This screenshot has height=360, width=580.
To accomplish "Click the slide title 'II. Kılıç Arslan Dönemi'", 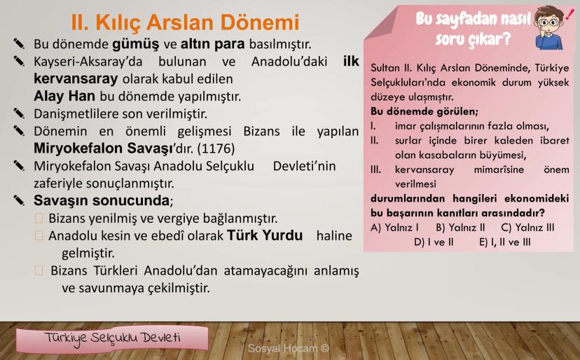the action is (185, 22).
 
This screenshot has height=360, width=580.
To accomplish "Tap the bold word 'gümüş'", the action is (136, 44).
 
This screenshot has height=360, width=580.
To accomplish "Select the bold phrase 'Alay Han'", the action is (64, 96).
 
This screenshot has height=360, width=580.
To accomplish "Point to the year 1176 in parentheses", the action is (216, 148).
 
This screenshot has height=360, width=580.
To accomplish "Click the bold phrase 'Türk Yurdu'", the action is (265, 235).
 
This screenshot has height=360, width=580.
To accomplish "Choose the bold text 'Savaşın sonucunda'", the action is (102, 200).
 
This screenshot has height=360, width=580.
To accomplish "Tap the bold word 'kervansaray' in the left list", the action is (76, 79).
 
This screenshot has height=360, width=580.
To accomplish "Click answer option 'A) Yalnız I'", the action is (394, 227).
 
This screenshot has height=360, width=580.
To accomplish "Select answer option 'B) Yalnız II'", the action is (460, 227).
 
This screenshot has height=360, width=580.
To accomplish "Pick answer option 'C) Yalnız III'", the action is (528, 227).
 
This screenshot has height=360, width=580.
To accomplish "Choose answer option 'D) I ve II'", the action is (434, 242).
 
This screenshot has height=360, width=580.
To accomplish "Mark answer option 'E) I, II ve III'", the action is (505, 242).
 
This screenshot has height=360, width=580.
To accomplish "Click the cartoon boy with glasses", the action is (549, 28).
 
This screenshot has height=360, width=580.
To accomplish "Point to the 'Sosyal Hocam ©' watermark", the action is (289, 348).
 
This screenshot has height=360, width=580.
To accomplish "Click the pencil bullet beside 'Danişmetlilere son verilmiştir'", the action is (19, 113).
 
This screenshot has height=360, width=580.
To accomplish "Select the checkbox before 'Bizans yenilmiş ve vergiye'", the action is (39, 219).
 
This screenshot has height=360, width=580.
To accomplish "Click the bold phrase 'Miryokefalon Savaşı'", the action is (103, 148).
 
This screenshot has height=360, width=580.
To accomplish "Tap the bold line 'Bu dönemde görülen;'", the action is (424, 111).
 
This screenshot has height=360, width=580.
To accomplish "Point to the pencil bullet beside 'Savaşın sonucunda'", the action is (19, 200).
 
